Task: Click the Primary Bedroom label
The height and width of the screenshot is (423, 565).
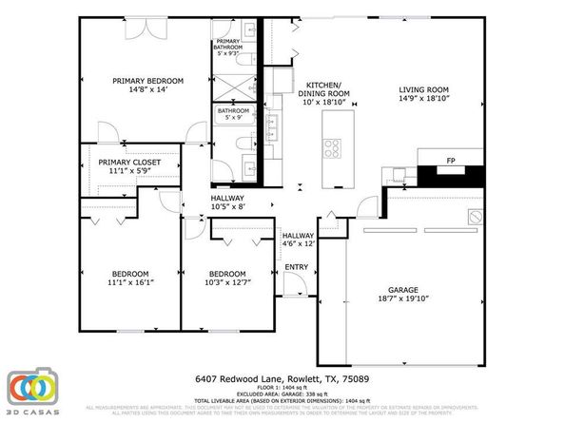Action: tap(147, 81)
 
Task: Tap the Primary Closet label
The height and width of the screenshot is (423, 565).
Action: tap(129, 163)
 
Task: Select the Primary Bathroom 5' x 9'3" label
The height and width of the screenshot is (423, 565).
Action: tap(228, 46)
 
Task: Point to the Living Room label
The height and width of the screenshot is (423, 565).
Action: tap(421, 90)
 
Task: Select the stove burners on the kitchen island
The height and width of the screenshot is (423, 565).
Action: tap(334, 147)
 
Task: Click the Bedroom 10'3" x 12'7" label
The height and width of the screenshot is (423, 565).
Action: tap(227, 278)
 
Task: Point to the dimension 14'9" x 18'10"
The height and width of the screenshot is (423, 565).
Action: tap(421, 98)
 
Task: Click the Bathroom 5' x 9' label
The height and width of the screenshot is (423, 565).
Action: tap(233, 114)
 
